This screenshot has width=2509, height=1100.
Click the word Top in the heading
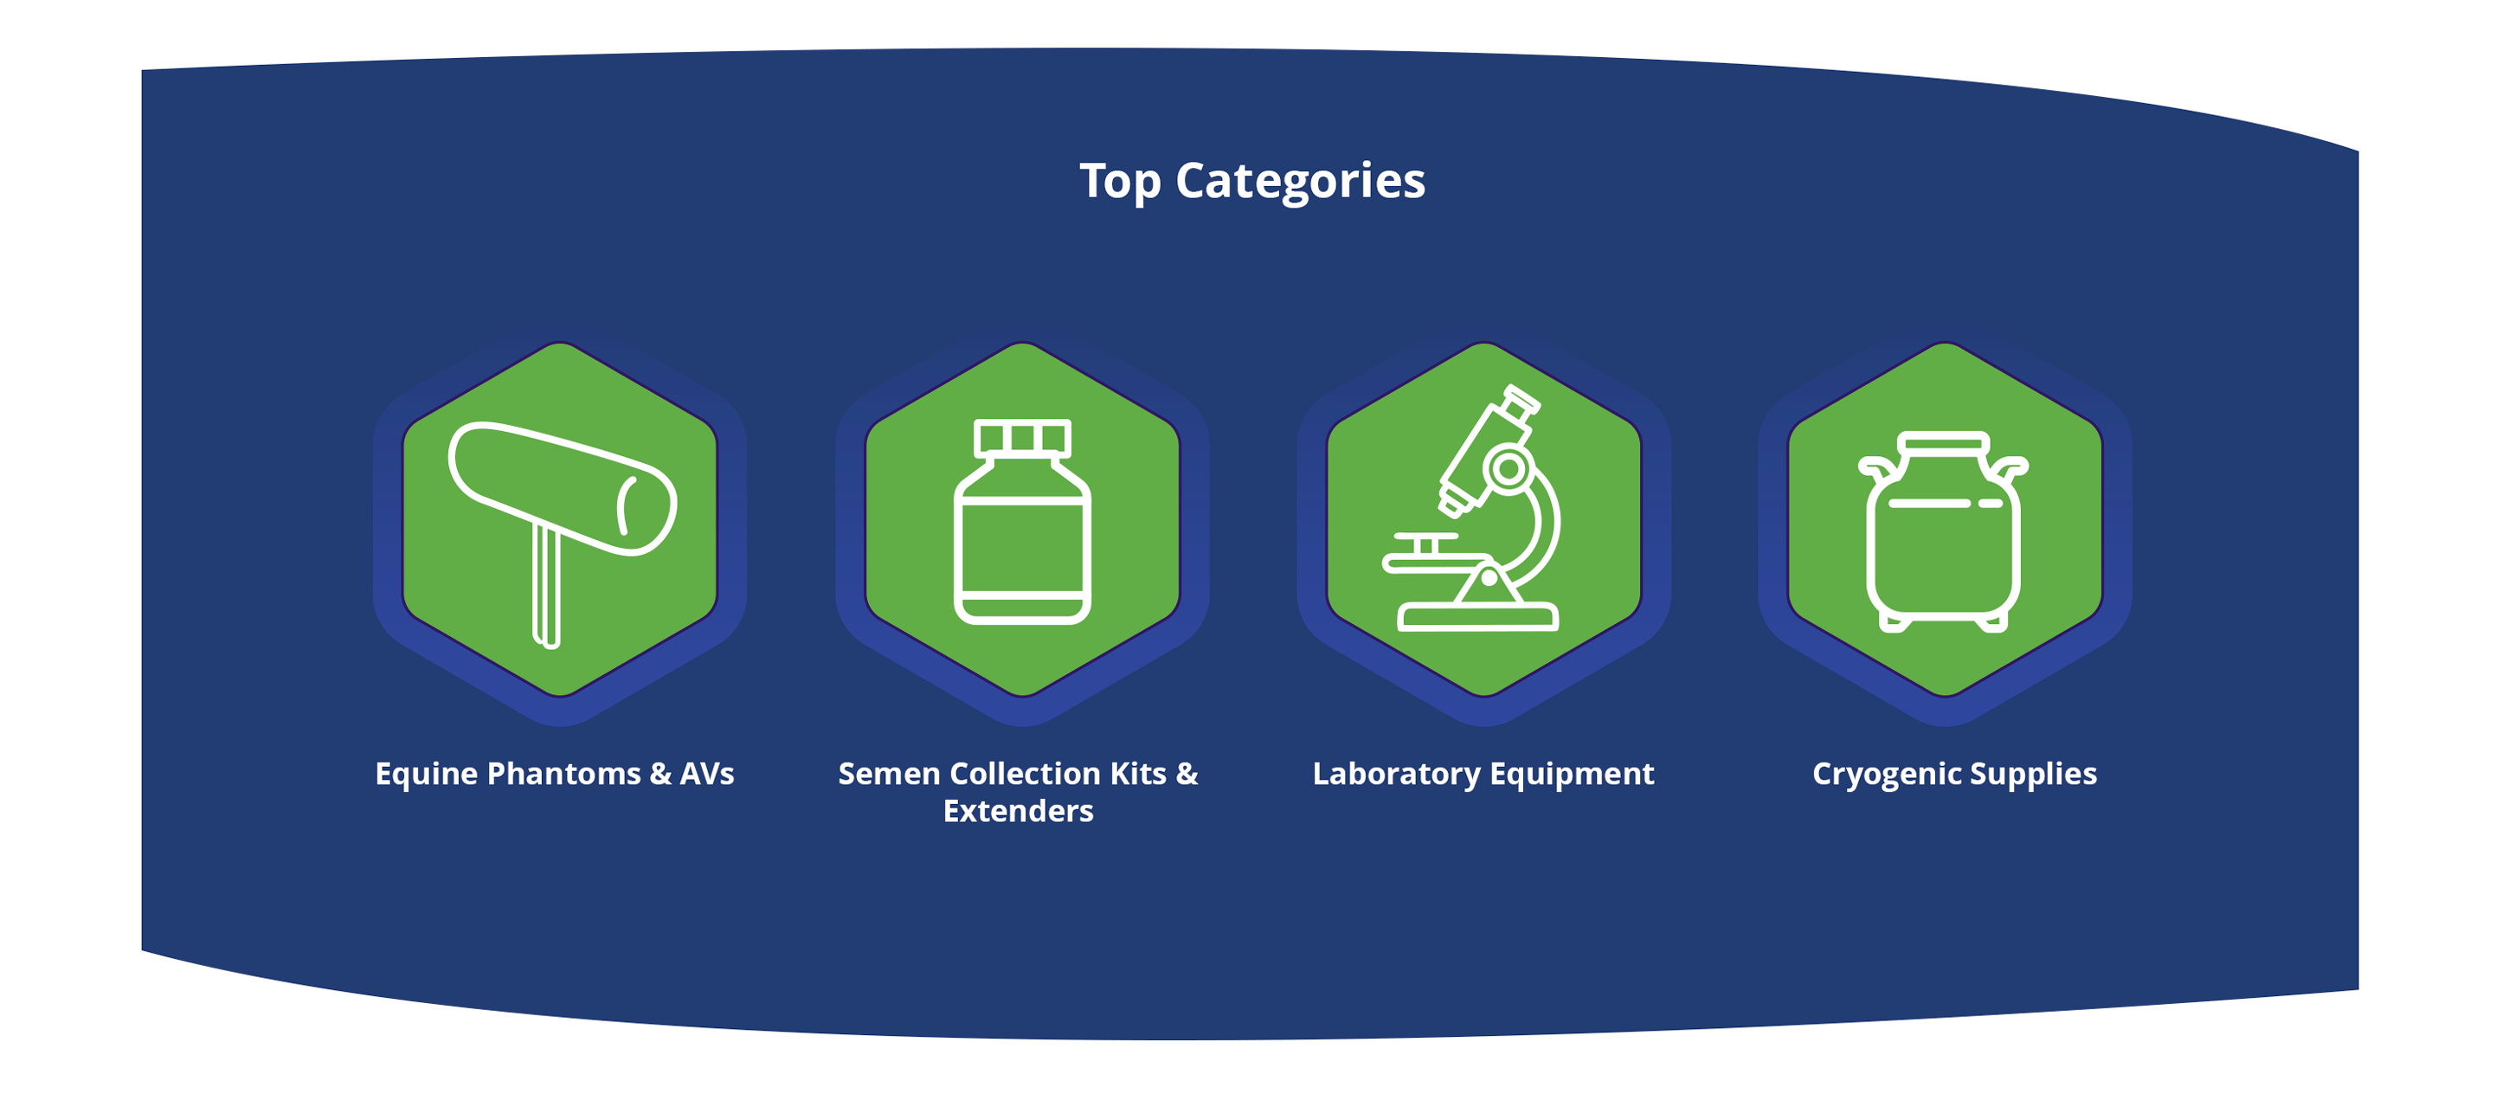(x=1119, y=181)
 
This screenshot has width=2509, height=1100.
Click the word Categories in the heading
(x=1300, y=181)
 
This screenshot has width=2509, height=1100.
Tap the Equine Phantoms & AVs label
(x=554, y=774)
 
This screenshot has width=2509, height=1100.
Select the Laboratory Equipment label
(x=1483, y=774)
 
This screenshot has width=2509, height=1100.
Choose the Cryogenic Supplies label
(x=1954, y=774)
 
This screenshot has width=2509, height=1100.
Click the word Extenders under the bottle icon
(x=1018, y=811)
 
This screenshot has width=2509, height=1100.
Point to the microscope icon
(x=1470, y=509)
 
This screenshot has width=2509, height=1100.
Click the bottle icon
(x=1022, y=521)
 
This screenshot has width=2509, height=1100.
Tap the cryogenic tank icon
(x=1943, y=532)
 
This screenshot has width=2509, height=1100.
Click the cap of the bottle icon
(x=1022, y=437)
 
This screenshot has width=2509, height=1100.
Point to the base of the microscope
(x=1477, y=617)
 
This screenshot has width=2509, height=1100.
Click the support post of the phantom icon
(x=546, y=584)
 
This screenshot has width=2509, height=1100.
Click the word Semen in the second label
(x=888, y=774)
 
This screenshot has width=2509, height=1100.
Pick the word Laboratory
(x=1396, y=775)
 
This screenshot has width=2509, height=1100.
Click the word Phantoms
(x=564, y=774)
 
